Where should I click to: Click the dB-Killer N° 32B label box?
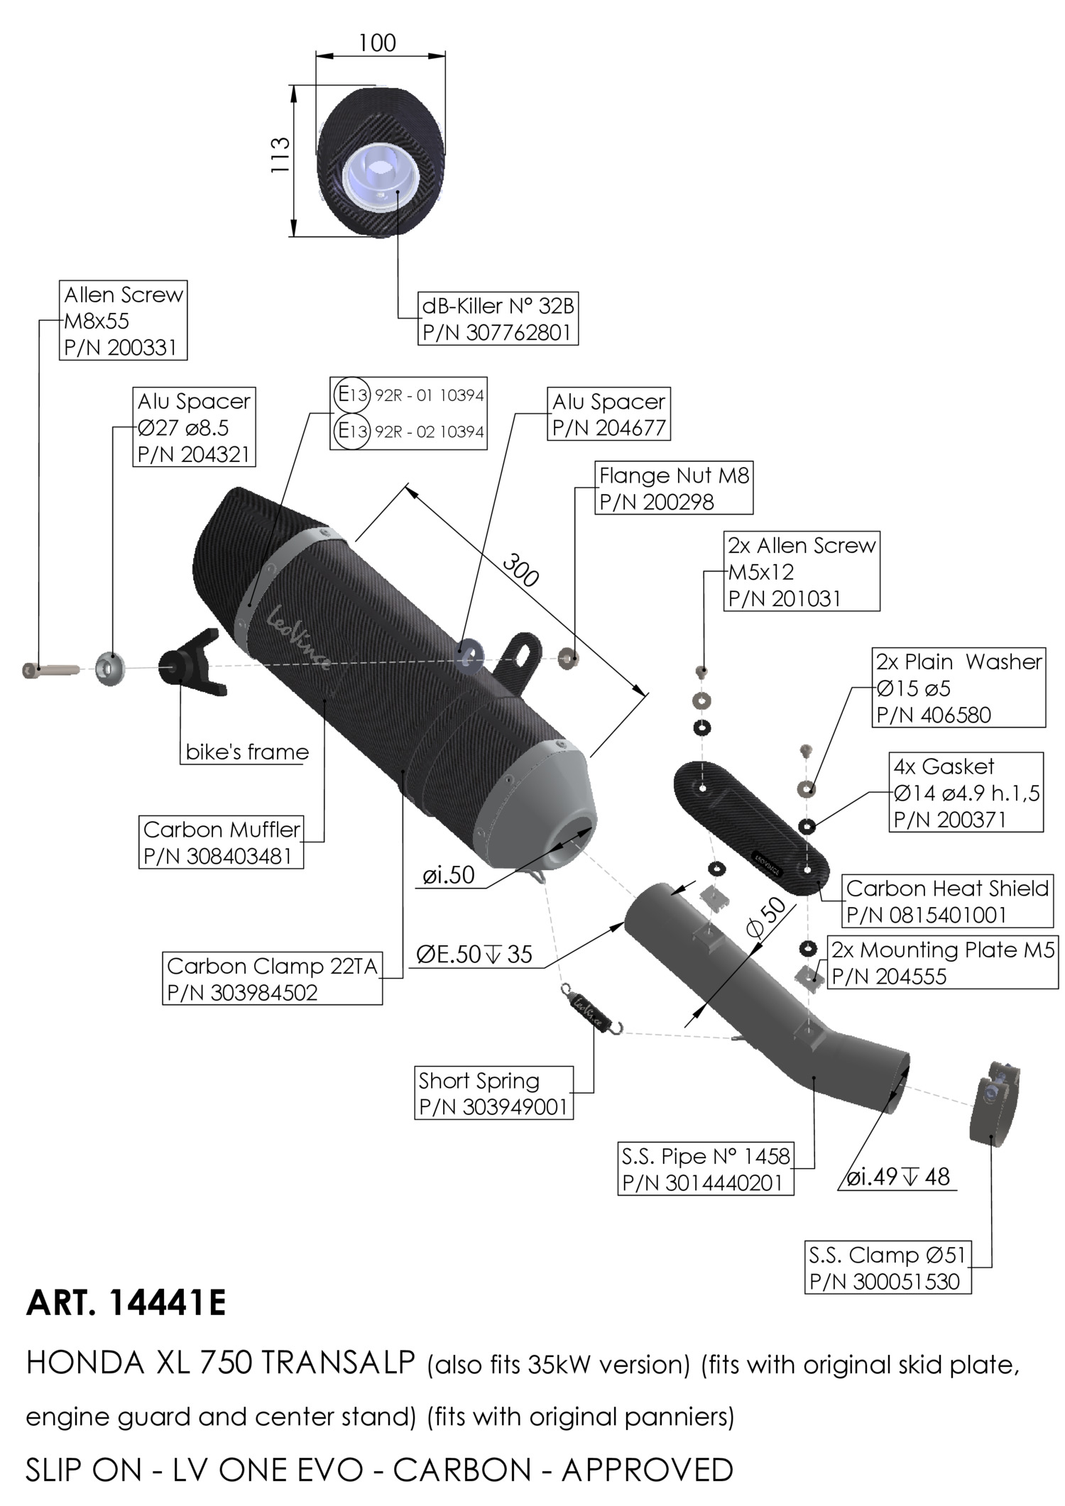498,319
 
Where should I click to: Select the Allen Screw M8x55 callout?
123,321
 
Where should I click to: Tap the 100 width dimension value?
377,44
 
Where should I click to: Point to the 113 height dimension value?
281,155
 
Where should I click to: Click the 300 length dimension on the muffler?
521,569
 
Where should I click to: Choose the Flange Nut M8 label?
673,488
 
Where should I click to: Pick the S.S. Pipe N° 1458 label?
705,1170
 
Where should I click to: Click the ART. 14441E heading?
126,1304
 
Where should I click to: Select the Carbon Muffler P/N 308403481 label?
222,842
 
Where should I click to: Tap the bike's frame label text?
247,752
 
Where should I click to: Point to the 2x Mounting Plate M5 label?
942,963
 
